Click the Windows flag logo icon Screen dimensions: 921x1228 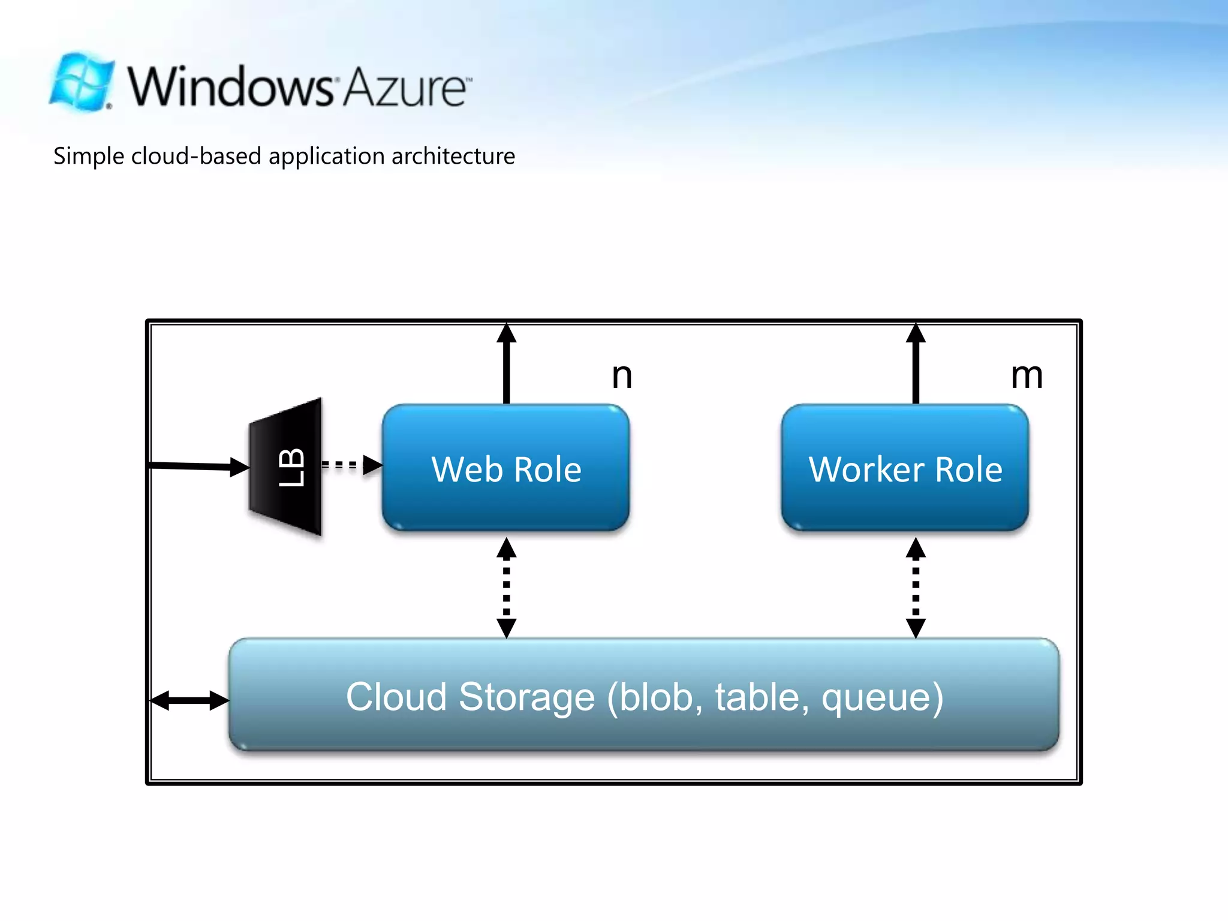click(82, 83)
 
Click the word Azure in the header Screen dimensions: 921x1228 click(405, 88)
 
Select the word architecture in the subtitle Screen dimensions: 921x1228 click(453, 156)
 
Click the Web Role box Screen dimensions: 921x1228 click(506, 468)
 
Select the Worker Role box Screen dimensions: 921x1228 click(905, 468)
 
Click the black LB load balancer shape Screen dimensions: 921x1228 click(287, 466)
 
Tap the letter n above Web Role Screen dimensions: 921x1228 click(622, 376)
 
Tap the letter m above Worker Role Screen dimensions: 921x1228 click(1027, 376)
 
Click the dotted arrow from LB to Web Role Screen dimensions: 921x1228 click(350, 464)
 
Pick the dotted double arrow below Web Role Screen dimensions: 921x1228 click(507, 588)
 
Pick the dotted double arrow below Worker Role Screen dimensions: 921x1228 click(916, 588)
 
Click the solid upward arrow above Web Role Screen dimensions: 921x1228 click(507, 363)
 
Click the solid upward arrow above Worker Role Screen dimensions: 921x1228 click(916, 363)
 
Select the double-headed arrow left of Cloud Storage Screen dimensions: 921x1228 click(189, 700)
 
